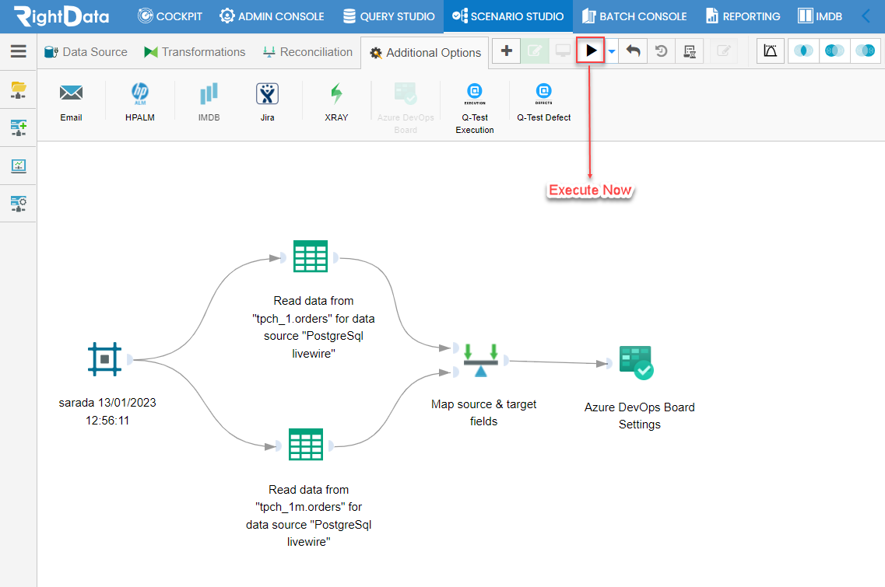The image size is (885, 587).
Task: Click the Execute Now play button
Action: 590,51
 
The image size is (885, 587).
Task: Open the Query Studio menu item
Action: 389,16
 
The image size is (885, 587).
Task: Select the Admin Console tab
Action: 272,16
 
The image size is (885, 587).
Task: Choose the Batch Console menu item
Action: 634,16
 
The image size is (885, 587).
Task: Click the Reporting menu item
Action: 743,16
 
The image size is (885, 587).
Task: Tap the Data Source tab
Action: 86,52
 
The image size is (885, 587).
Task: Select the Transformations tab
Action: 195,52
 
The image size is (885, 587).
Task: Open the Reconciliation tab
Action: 307,52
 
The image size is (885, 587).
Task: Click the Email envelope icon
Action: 71,93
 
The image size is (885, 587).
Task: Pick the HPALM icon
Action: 140,93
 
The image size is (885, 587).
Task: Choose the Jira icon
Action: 267,93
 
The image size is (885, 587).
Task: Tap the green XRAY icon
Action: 336,93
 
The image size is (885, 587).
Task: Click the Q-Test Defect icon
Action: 543,93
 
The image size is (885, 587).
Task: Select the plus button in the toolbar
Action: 506,51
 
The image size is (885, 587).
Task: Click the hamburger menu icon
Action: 19,51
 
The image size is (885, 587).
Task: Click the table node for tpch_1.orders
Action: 311,257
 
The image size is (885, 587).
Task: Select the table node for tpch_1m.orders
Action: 306,445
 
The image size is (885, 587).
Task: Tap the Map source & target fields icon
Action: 481,360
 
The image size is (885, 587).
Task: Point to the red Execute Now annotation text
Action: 590,190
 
